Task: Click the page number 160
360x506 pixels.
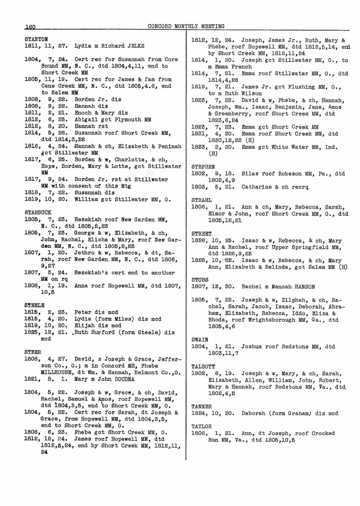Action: pos(30,27)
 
